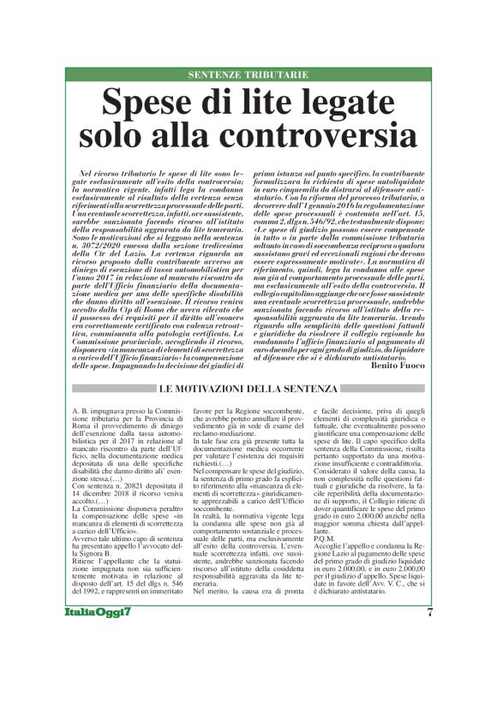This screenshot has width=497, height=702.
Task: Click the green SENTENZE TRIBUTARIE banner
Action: point(248,75)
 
